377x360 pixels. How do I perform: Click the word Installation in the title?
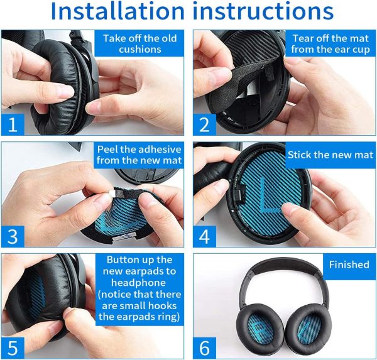pos(117,11)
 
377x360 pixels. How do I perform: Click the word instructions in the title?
pos(263,11)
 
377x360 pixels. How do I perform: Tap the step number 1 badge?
pos(13,124)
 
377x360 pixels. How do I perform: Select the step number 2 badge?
pos(204,124)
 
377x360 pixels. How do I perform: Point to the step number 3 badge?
pos(13,236)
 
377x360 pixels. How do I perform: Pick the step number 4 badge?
pos(204,236)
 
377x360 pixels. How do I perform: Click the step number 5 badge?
pos(13,347)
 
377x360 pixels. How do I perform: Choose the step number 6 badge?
pos(204,347)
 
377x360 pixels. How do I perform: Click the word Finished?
pos(349,265)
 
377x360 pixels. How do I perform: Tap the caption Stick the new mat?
pos(331,155)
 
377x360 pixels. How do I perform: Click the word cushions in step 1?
pos(140,49)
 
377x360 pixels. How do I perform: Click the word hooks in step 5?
pos(162,305)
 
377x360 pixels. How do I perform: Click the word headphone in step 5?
pos(138,283)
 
